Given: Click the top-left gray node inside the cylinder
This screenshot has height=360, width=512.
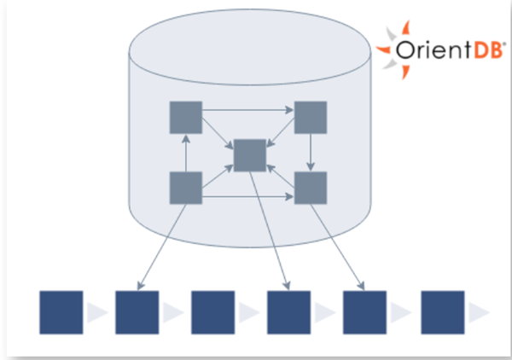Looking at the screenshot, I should [x=186, y=117].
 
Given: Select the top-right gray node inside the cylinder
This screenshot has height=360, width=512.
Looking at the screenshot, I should [x=311, y=117].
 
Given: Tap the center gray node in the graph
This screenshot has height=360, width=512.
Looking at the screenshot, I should [x=249, y=155].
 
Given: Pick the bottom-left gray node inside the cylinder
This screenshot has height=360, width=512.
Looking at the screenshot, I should [x=186, y=188].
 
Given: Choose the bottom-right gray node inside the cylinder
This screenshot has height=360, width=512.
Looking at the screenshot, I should [x=311, y=188].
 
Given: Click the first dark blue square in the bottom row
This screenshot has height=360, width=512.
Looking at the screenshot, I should [x=61, y=311].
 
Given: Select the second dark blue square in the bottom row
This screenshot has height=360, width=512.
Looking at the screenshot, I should [x=137, y=311].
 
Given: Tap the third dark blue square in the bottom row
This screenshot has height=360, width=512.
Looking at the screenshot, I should [x=213, y=311].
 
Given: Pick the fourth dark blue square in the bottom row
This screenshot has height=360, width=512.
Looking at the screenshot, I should [x=289, y=311].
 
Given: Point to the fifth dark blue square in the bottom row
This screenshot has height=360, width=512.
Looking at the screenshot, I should [x=365, y=311].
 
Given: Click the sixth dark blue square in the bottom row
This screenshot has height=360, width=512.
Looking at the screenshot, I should [x=442, y=311].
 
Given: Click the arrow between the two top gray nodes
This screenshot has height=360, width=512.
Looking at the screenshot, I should [x=247, y=109].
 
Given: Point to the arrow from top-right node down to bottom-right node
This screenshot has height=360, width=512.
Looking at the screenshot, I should [x=311, y=152].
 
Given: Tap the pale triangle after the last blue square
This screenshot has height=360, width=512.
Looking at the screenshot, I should [x=480, y=312].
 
